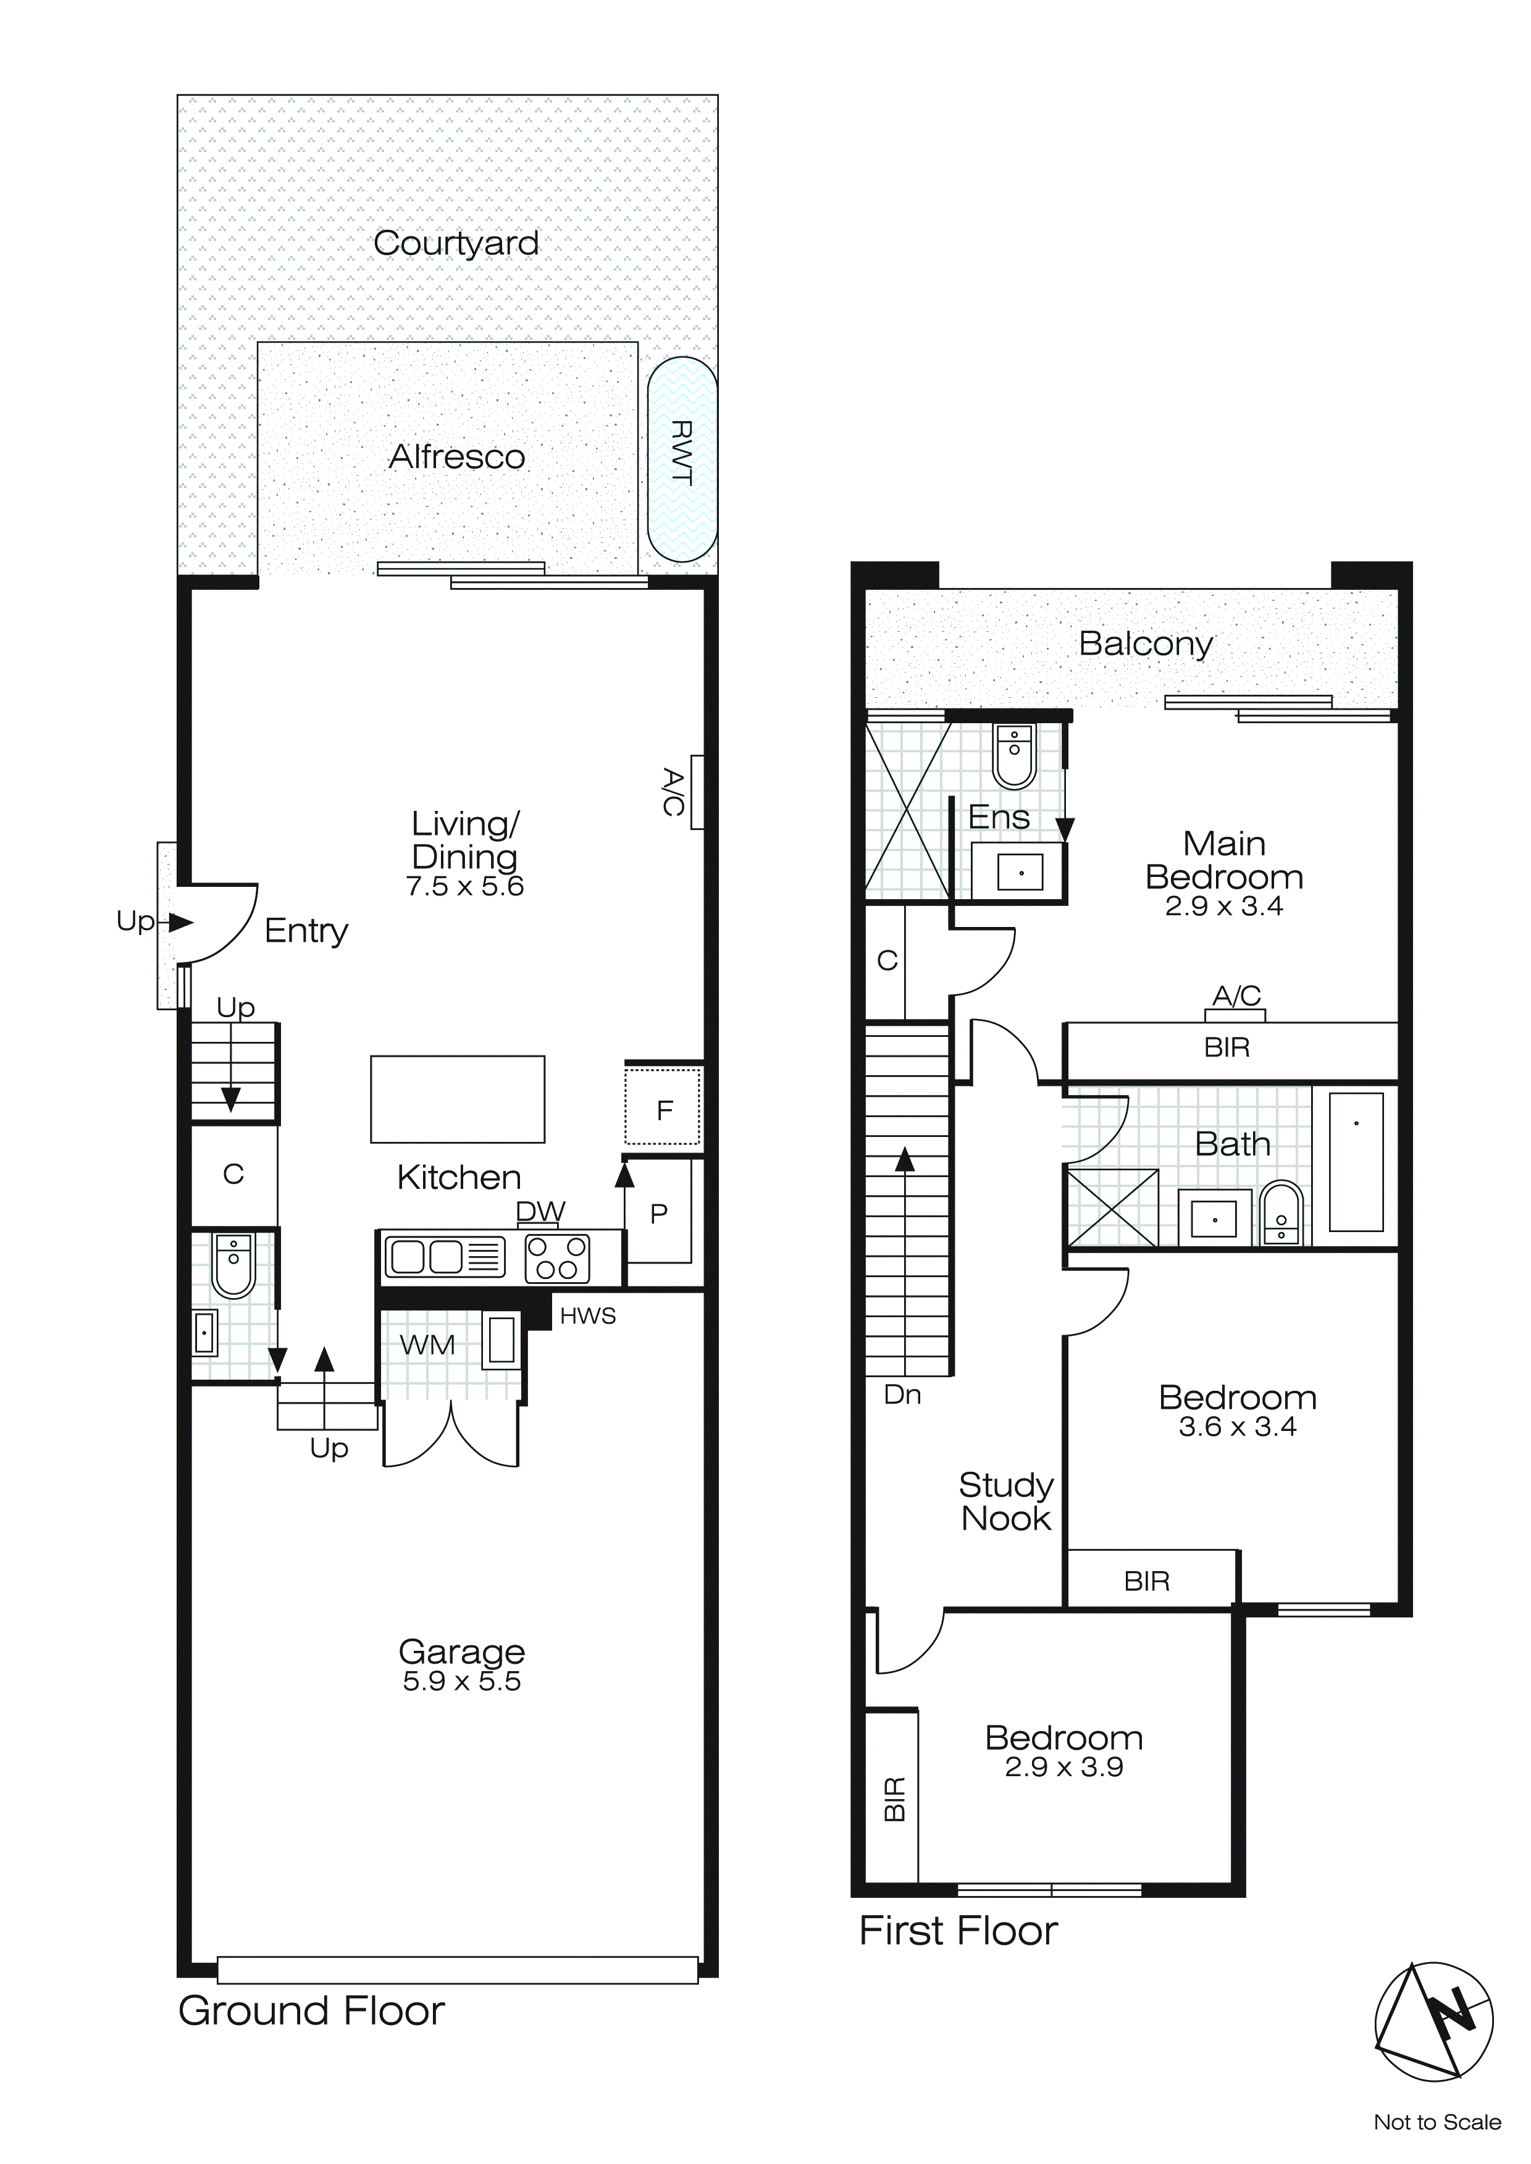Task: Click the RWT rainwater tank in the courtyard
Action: click(x=682, y=459)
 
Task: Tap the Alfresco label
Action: click(x=457, y=457)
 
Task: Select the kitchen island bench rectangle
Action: click(x=457, y=1099)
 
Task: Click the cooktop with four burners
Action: click(x=556, y=1258)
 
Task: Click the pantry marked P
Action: click(x=659, y=1214)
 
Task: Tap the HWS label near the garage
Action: click(x=587, y=1315)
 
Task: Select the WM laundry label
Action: click(x=427, y=1345)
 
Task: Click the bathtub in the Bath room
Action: click(x=1356, y=1161)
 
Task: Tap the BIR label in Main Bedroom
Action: click(x=1227, y=1047)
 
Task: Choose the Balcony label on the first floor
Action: click(x=1146, y=644)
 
